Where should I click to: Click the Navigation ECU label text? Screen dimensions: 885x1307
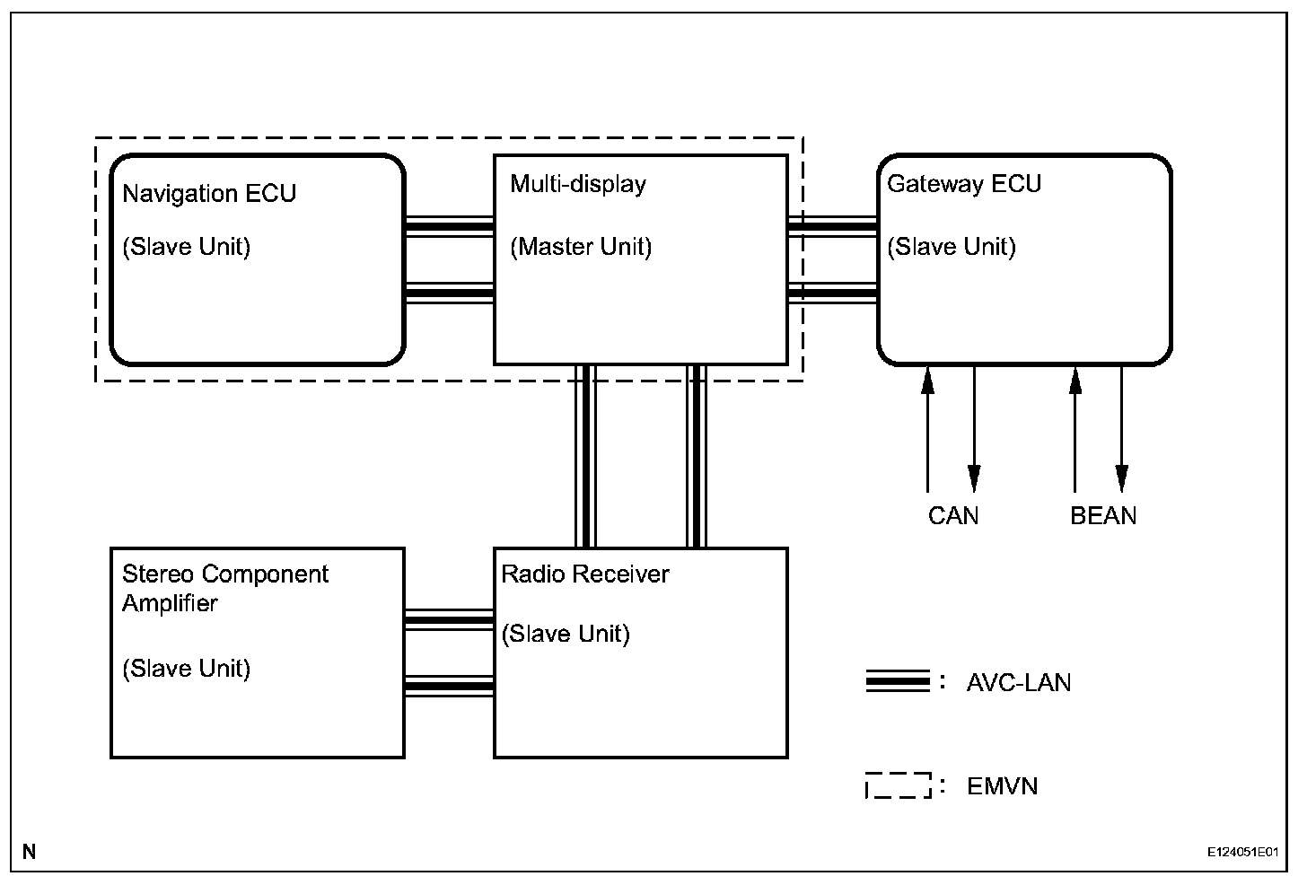(209, 194)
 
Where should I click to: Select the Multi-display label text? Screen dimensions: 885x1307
(578, 184)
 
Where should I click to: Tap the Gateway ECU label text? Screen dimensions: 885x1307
(964, 184)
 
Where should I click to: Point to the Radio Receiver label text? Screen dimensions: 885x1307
(585, 574)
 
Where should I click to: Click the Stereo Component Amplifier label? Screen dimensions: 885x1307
(225, 588)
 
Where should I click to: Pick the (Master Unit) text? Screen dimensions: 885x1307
(581, 247)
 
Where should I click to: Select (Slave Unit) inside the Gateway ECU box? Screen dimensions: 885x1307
(952, 247)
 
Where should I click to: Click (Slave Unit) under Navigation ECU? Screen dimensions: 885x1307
(186, 247)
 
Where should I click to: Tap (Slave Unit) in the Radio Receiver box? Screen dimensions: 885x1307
(566, 634)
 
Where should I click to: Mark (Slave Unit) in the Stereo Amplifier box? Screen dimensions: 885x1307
(186, 669)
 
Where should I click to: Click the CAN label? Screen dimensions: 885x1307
(953, 516)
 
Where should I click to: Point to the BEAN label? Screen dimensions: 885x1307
(1103, 516)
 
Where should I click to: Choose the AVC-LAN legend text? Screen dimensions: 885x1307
(1019, 683)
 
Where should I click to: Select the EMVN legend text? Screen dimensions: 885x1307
(1003, 787)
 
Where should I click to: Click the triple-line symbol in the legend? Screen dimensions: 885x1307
(898, 682)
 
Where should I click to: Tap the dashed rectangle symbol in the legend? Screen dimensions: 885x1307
(898, 785)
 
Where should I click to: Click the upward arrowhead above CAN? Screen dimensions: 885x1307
(928, 381)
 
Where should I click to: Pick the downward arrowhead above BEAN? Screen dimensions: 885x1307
(1121, 478)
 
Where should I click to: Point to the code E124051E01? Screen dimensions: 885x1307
(1242, 851)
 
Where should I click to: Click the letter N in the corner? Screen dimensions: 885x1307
(30, 851)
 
